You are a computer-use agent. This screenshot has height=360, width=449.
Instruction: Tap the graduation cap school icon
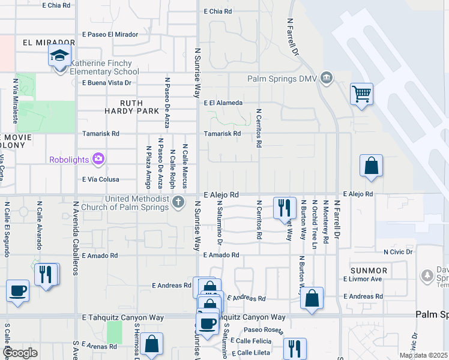point(59,56)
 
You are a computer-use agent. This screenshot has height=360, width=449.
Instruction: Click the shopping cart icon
point(361,94)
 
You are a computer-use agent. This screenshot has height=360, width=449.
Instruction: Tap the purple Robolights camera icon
point(98,159)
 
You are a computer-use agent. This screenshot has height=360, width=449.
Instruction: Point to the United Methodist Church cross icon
point(178,202)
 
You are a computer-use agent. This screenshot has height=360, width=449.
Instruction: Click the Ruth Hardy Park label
point(123,107)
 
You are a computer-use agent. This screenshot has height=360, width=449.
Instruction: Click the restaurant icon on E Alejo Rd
point(285,208)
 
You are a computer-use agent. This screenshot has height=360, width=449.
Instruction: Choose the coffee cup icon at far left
point(17,291)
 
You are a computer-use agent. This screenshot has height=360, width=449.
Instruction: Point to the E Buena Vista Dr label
point(107,83)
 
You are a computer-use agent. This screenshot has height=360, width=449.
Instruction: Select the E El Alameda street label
point(223,103)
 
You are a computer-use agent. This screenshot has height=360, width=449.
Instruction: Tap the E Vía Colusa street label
point(100,179)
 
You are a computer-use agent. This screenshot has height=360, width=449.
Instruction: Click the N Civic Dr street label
point(398,252)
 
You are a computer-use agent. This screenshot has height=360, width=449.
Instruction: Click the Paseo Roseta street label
point(262,330)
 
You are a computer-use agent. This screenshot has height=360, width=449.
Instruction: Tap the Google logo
point(20,353)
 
